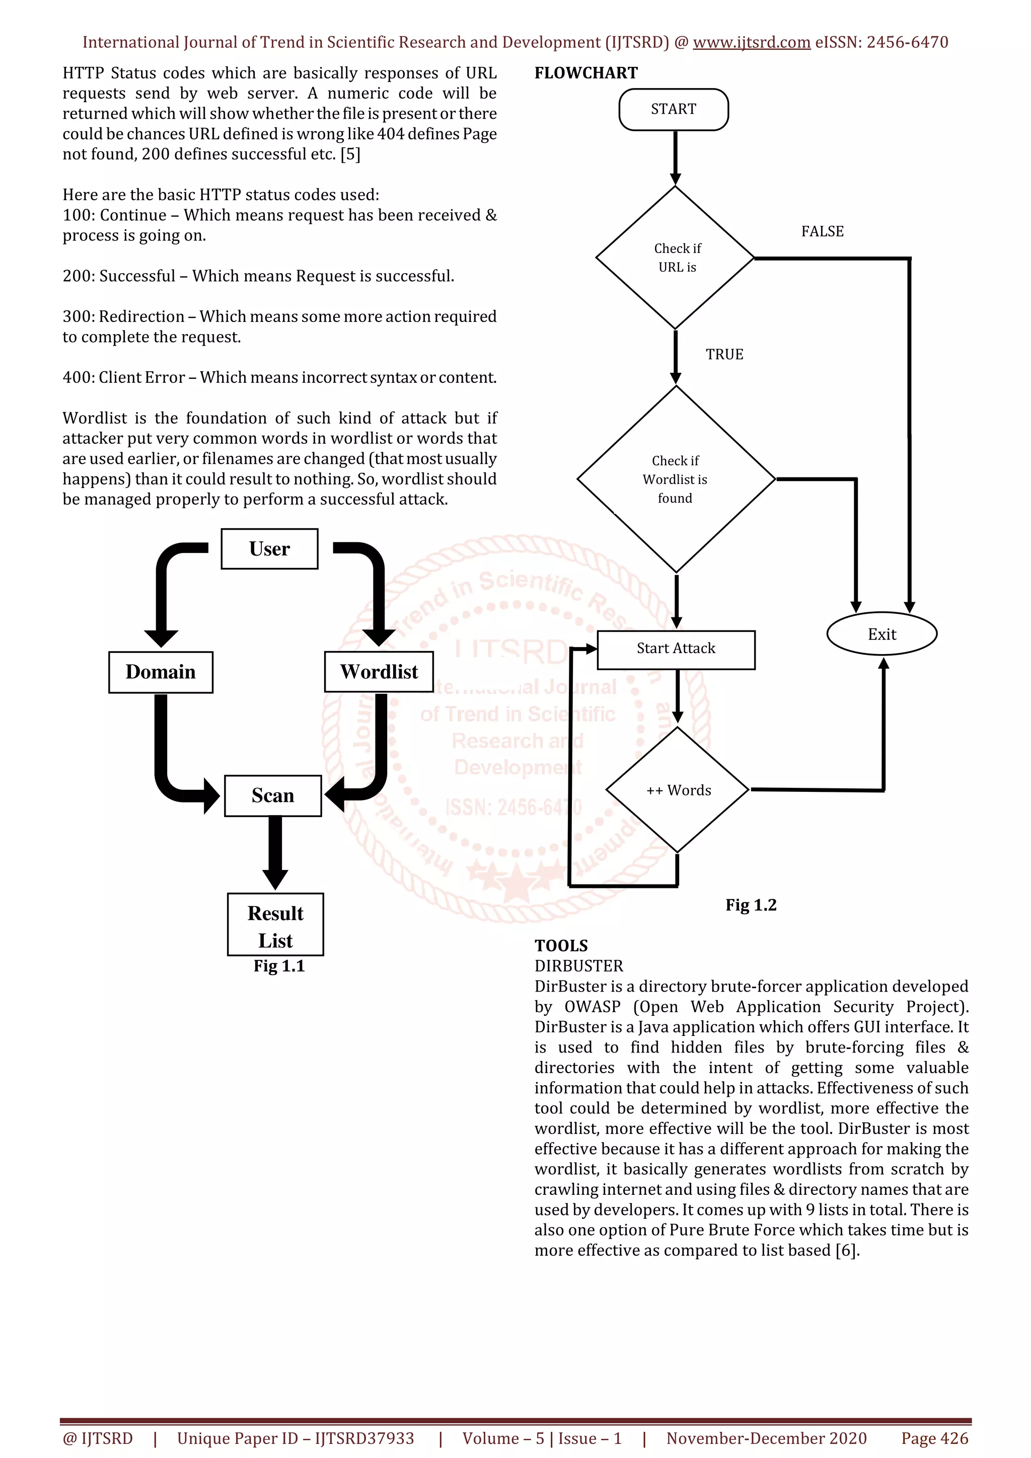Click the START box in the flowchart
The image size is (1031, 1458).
coord(674,109)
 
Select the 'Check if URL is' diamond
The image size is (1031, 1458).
coord(675,258)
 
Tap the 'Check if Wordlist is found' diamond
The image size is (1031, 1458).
coord(675,479)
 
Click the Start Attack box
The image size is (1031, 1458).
coord(676,649)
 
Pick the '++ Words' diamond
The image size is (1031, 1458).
coord(678,790)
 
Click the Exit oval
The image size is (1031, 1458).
coord(881,634)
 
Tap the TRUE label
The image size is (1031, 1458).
coord(724,354)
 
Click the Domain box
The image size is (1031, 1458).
coord(161,672)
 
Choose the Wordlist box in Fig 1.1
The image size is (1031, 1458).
coord(379,672)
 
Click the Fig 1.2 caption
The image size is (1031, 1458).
coord(751,905)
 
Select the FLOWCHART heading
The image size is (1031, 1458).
coord(585,73)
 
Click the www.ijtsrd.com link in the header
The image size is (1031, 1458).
coord(752,43)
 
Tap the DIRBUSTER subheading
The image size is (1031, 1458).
coord(579,966)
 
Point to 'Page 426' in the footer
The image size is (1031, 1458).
coord(934,1438)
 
